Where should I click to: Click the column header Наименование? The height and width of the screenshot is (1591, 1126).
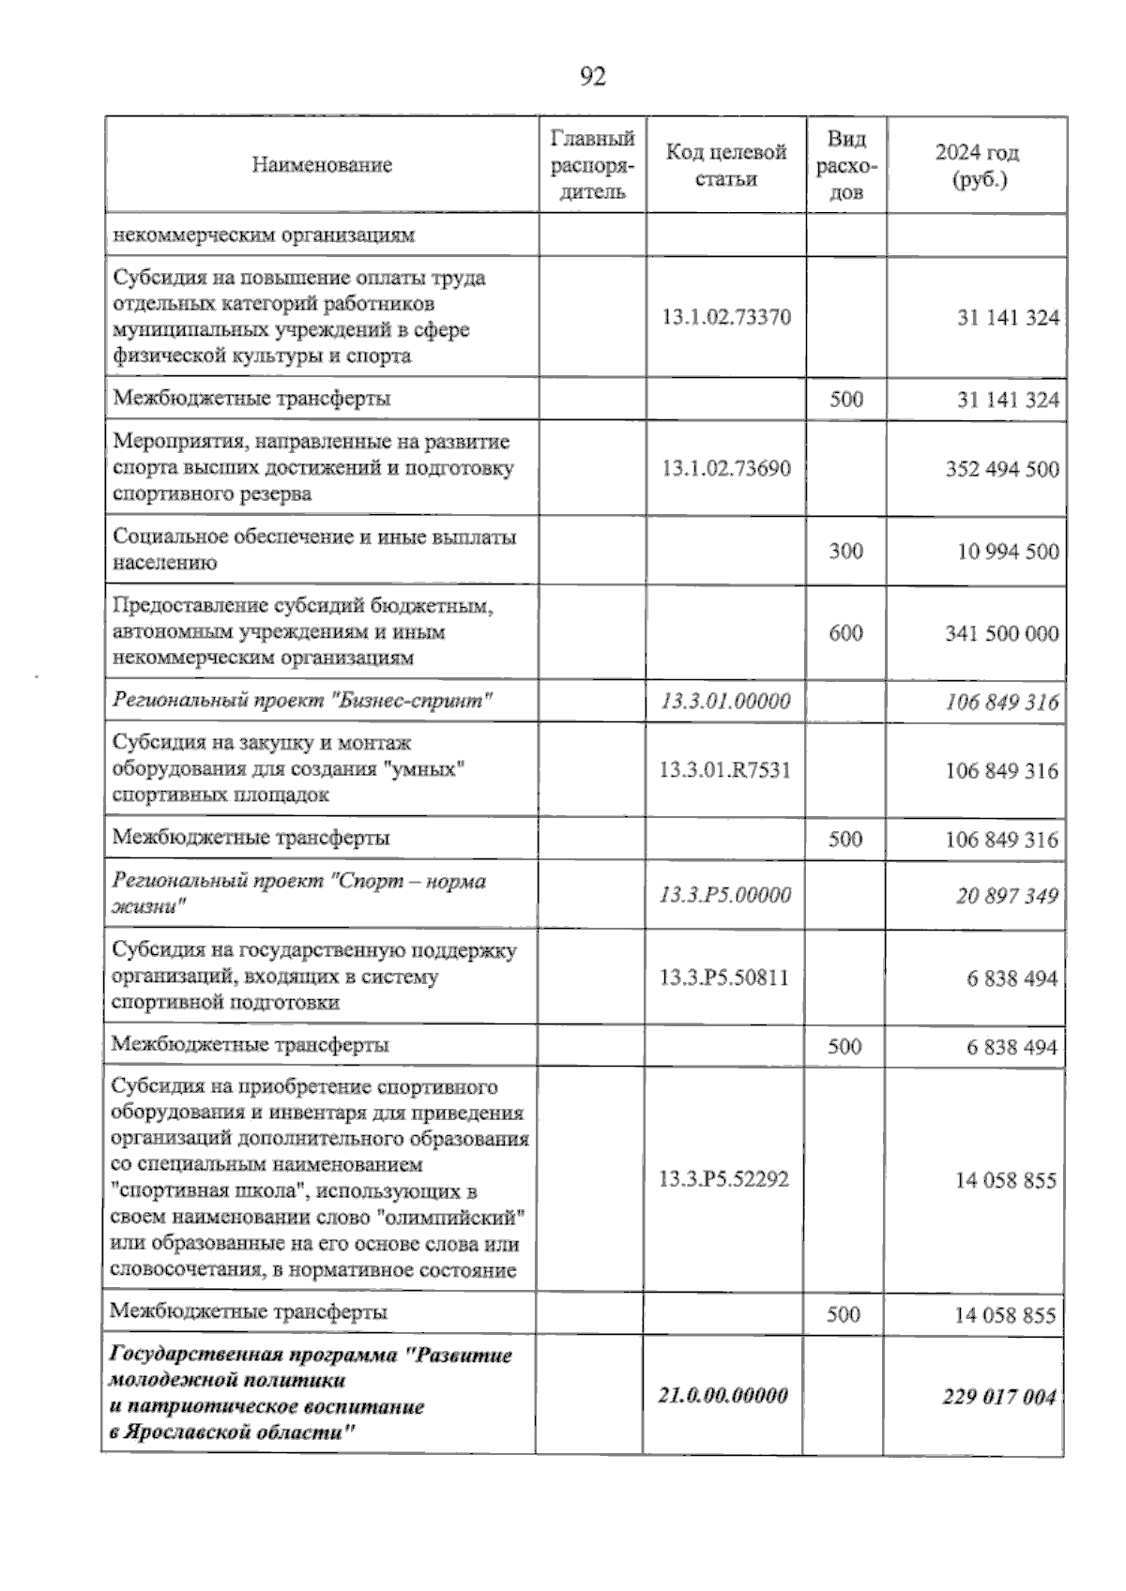(x=322, y=166)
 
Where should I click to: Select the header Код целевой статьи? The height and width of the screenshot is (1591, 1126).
(x=725, y=166)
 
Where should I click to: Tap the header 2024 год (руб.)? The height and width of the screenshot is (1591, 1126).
(x=977, y=166)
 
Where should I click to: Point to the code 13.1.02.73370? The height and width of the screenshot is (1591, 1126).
(x=725, y=317)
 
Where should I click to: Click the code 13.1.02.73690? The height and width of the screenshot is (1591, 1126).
(x=725, y=468)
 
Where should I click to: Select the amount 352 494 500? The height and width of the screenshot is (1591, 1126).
(x=1001, y=468)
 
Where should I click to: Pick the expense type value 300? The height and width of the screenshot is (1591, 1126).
(x=845, y=551)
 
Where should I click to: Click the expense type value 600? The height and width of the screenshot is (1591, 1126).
(x=845, y=633)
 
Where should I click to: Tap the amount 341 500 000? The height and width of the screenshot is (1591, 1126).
(x=1001, y=633)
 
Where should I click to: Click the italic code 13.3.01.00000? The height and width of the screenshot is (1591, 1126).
(x=725, y=701)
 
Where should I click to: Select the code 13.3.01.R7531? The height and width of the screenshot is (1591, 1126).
(x=724, y=770)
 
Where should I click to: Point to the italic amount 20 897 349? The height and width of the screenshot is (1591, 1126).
(x=1007, y=896)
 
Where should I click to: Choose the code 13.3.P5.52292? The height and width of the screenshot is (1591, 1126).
(x=723, y=1179)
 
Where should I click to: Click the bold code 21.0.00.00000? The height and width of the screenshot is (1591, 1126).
(x=723, y=1395)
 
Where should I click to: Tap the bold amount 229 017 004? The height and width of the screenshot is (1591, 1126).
(x=998, y=1397)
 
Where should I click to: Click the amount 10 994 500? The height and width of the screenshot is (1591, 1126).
(x=1008, y=551)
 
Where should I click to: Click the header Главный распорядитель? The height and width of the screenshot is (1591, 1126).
(x=592, y=166)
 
